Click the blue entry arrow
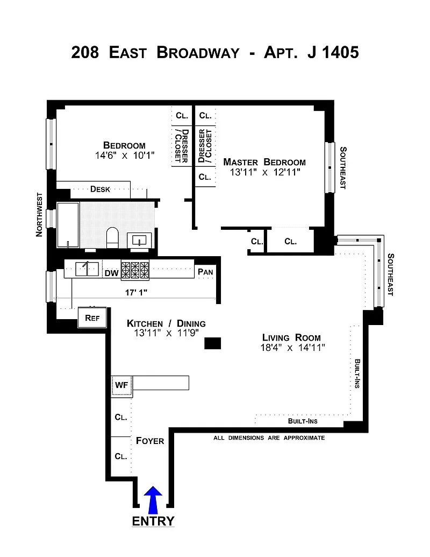point(153,500)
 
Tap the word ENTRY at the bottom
point(153,521)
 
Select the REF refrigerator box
point(92,318)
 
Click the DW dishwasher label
point(111,273)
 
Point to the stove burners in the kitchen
point(135,270)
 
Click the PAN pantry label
point(205,272)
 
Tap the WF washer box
point(121,386)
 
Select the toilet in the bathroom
point(112,238)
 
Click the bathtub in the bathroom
point(68,225)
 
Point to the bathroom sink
point(139,241)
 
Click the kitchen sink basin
point(87,269)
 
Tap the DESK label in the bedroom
point(100,189)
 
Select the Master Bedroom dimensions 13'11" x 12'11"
point(265,172)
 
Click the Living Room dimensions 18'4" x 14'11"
point(293,348)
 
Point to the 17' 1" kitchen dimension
point(136,292)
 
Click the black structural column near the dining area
point(212,343)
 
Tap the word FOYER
point(150,441)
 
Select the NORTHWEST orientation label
point(39,215)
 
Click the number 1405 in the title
point(340,52)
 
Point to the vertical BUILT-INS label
point(357,373)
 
